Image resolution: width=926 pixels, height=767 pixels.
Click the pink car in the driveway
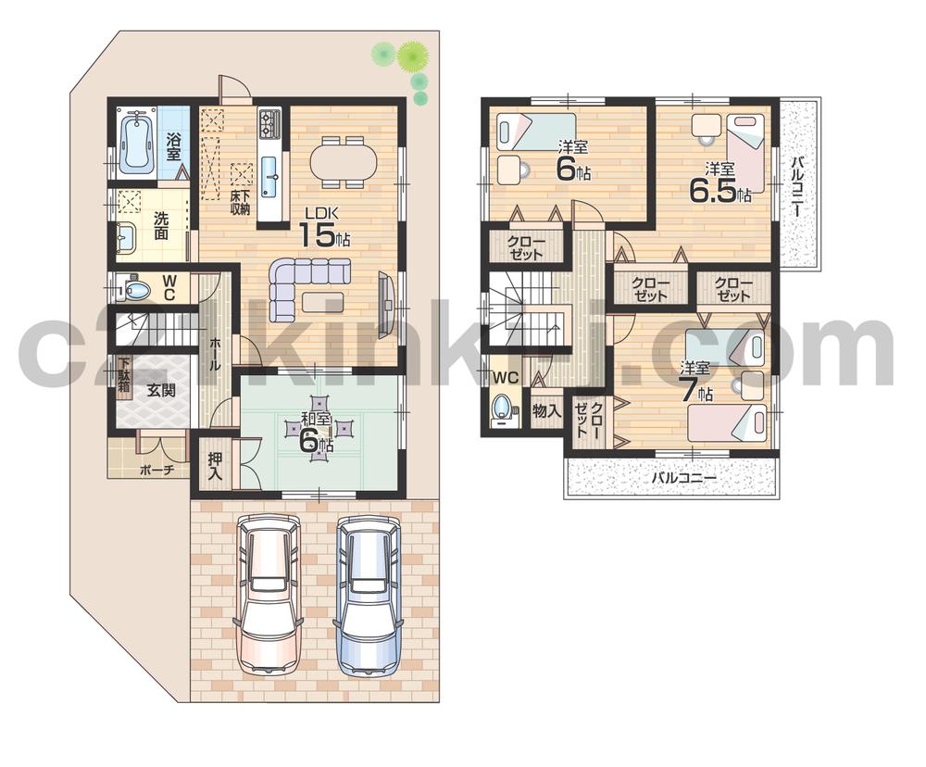269,593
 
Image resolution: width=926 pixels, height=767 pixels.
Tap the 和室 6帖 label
317,431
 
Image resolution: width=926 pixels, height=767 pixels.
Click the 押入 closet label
215,466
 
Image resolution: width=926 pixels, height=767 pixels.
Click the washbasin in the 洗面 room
127,239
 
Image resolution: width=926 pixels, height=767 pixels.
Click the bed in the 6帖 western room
535,129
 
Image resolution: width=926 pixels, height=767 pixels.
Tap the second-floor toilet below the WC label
503,409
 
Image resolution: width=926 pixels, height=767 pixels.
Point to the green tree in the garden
411,57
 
